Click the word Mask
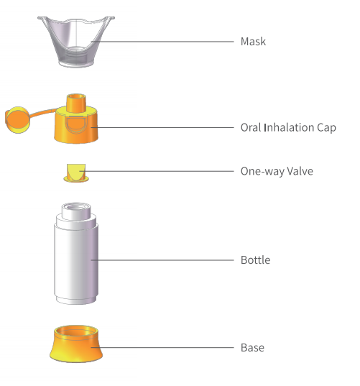[x=253, y=42]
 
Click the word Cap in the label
[x=326, y=128]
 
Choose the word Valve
[x=300, y=171]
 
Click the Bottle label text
[x=255, y=260]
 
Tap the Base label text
[x=252, y=348]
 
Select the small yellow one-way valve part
[x=76, y=173]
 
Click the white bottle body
[x=76, y=261]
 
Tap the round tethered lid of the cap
[x=17, y=120]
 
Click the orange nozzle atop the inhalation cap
[x=76, y=103]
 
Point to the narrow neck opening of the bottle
[x=76, y=208]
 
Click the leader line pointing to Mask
[x=162, y=42]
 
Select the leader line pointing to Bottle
[x=162, y=260]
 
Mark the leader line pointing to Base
[x=162, y=348]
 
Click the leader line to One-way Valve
[x=157, y=171]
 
